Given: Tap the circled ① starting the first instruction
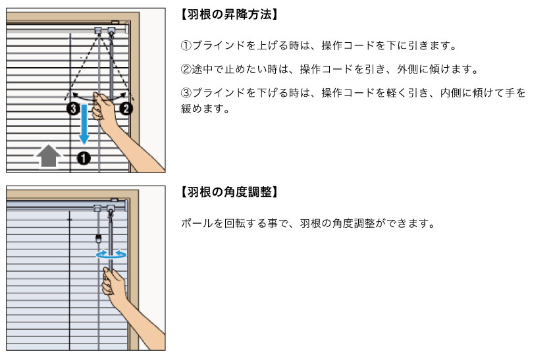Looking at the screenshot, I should click(x=186, y=47).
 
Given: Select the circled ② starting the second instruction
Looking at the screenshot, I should click(x=186, y=69).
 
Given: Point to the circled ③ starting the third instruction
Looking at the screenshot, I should click(x=186, y=93).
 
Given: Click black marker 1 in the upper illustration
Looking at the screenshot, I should click(x=84, y=157).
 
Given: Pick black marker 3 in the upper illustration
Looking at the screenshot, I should click(x=72, y=108).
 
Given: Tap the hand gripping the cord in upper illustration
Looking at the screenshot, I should click(x=105, y=105).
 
